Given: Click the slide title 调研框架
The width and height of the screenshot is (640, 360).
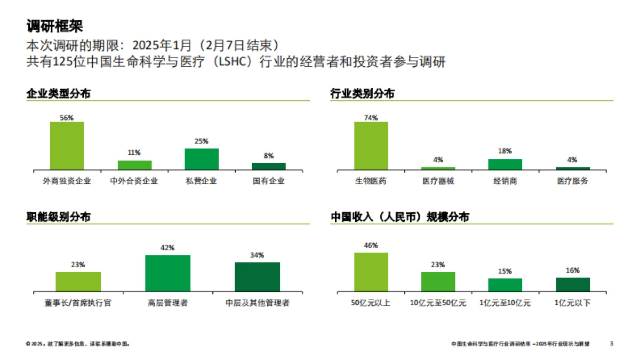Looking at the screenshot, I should click(x=54, y=26).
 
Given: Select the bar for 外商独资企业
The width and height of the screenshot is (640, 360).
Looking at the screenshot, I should click(x=67, y=146).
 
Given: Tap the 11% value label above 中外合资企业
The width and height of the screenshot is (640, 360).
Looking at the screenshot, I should click(x=134, y=153).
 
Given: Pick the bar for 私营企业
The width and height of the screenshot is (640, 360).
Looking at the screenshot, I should click(x=202, y=159).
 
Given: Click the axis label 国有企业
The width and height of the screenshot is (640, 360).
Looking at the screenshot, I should click(x=269, y=181).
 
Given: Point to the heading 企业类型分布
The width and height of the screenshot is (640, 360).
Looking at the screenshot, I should click(x=59, y=94).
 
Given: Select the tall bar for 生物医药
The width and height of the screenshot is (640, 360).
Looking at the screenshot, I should click(x=371, y=146).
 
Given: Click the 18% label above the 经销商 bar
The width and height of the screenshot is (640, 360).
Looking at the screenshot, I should click(x=505, y=151).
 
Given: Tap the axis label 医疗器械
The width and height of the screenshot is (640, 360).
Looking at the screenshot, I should click(x=438, y=181).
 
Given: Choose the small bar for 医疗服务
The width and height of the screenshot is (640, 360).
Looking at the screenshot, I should click(x=573, y=168).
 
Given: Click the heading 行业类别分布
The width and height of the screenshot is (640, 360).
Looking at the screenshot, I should click(x=363, y=94).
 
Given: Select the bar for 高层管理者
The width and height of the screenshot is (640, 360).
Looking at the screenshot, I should click(x=168, y=273).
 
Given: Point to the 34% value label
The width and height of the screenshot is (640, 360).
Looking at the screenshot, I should click(x=257, y=255).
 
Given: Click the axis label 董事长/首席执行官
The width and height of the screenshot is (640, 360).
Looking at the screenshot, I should click(x=78, y=303).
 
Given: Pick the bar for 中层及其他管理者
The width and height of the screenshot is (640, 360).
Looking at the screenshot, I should click(x=257, y=276).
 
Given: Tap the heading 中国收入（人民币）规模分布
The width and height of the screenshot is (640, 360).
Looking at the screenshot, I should click(x=400, y=217).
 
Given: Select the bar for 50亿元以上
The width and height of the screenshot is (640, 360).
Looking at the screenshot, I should click(x=371, y=271).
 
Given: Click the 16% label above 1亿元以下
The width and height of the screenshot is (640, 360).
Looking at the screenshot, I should click(x=573, y=270).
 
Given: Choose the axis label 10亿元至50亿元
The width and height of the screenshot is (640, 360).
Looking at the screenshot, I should click(x=438, y=303).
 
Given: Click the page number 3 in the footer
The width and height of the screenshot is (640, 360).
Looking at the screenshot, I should click(x=612, y=344).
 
